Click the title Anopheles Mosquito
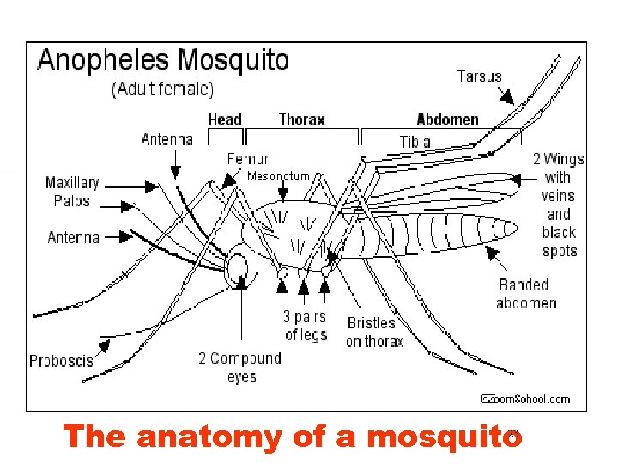163,61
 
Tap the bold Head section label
225,119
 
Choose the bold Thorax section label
302,119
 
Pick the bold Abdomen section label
447,119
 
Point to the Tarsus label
479,76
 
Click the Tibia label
415,141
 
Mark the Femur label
247,158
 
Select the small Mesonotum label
278,176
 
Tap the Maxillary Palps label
72,192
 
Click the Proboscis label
61,361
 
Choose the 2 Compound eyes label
239,368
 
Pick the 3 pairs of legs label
306,326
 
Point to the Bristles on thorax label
374,333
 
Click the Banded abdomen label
526,294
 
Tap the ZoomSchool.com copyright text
524,399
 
